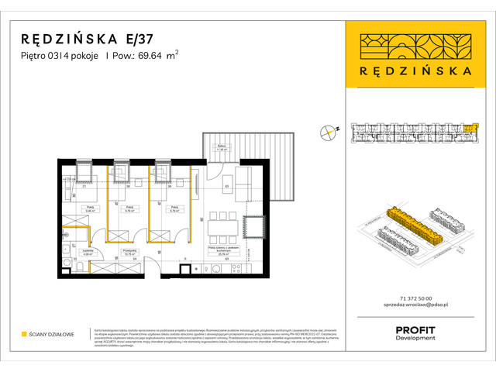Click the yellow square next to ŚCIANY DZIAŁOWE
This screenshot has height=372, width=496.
(24, 334)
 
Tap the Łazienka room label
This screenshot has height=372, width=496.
(88, 251)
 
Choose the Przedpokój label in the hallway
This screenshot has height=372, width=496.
(119, 251)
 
